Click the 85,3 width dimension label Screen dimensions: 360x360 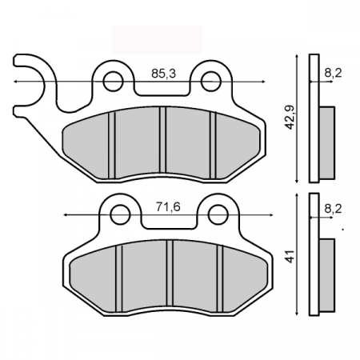click(163, 74)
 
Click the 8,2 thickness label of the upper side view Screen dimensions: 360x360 click(334, 74)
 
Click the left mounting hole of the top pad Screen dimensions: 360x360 click(113, 81)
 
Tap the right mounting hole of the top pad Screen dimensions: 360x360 click(211, 81)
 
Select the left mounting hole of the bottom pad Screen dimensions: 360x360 click(120, 214)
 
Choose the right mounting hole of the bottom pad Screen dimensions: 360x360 click(218, 214)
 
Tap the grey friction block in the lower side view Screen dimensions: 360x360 click(328, 274)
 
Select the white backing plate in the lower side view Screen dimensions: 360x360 click(314, 254)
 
